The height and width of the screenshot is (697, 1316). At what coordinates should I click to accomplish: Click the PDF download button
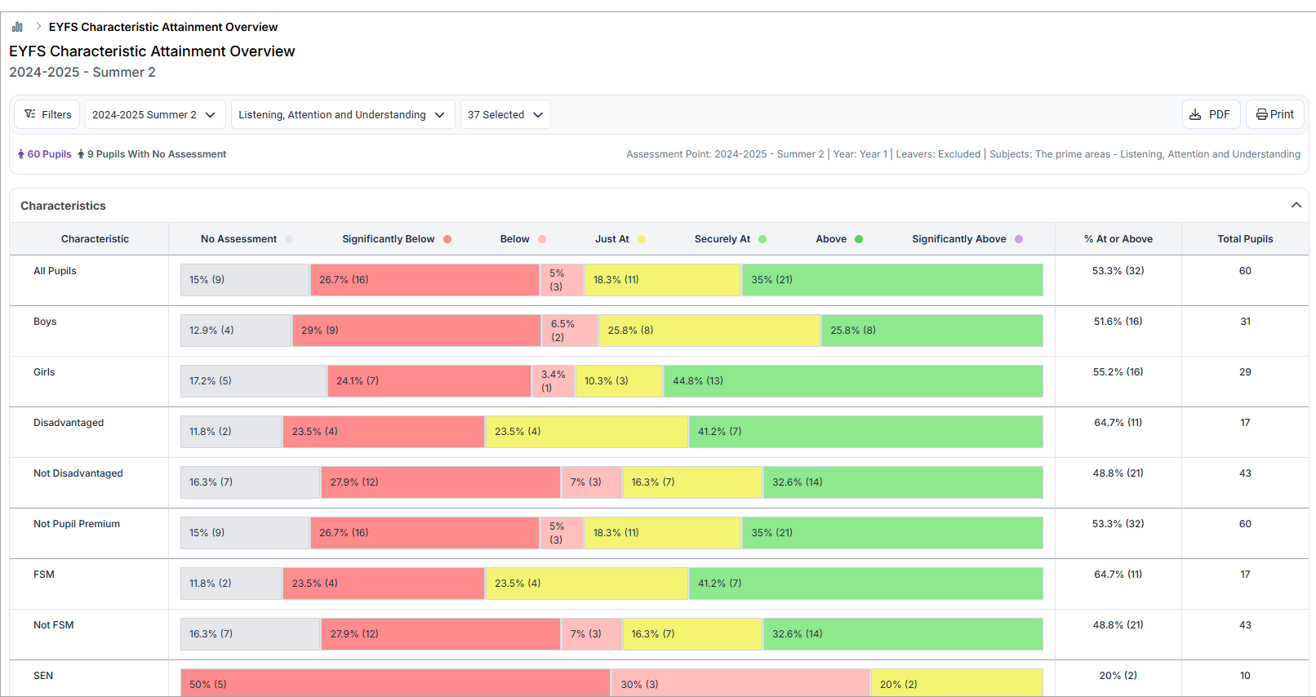coord(1211,114)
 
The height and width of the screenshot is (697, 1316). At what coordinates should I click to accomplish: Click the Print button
coord(1274,114)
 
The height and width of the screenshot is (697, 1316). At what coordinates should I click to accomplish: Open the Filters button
coord(47,114)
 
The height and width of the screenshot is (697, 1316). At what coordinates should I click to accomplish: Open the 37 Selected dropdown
coord(505,114)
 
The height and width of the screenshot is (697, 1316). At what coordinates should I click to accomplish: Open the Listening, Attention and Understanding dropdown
coord(342,114)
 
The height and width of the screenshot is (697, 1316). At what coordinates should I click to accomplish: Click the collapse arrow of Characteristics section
coord(1296,205)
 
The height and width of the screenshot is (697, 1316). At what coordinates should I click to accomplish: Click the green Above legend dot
coord(859,239)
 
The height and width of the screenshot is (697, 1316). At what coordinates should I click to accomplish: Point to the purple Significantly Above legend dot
coord(1019,239)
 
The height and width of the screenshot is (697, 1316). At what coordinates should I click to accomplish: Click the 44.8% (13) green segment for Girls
coord(852,381)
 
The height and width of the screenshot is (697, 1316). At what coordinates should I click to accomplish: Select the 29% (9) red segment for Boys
coord(416,331)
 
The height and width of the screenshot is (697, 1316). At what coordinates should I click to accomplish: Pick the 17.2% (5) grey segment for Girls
coord(253,381)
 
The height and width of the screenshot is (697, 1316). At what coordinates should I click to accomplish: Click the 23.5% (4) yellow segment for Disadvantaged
coord(586,432)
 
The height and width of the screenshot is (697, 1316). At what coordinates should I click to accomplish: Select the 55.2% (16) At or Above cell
coord(1118,372)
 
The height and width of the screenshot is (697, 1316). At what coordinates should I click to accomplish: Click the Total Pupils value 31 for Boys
coord(1245,322)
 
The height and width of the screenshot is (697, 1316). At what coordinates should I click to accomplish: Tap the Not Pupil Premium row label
coord(77,524)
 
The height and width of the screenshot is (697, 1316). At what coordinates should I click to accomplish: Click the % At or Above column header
coord(1118,239)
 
